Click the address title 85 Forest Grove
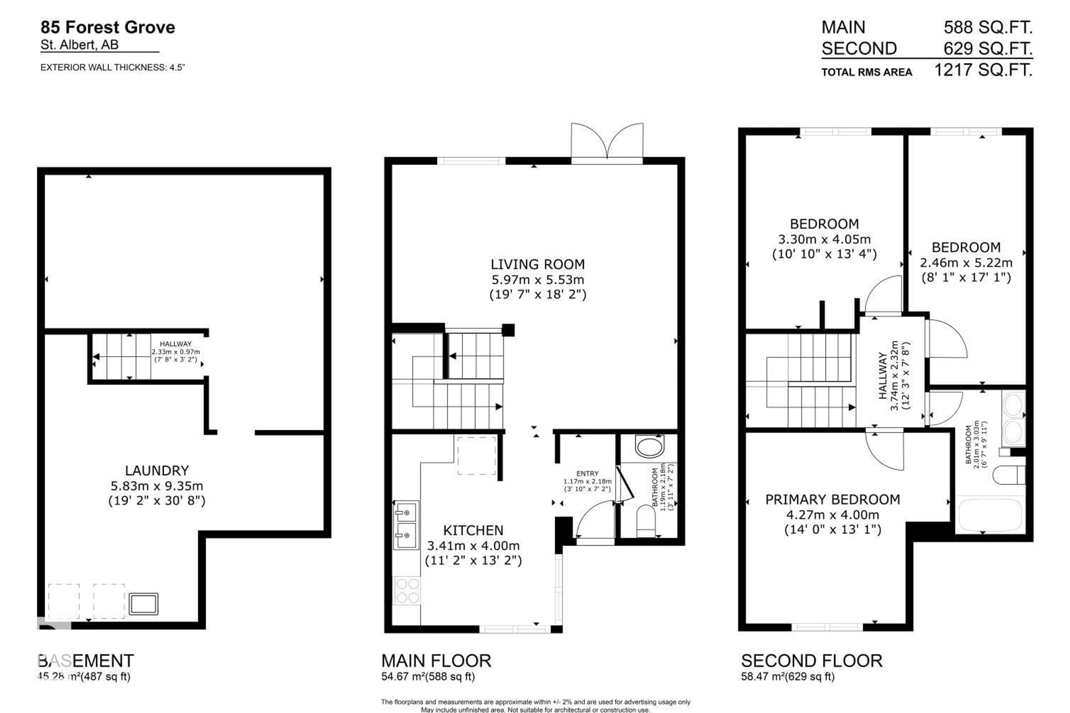[x=108, y=27]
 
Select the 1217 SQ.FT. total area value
[x=983, y=70]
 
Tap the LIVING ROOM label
[x=538, y=264]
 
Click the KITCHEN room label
[x=473, y=530]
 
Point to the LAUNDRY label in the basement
[x=157, y=470]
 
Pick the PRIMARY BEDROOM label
[x=832, y=499]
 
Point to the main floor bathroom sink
[x=649, y=446]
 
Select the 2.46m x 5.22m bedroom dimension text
[x=966, y=263]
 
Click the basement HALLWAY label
[x=176, y=344]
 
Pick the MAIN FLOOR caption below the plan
[x=436, y=661]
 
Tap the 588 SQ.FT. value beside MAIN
[x=988, y=27]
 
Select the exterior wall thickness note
[x=112, y=68]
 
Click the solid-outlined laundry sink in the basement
[x=143, y=604]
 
